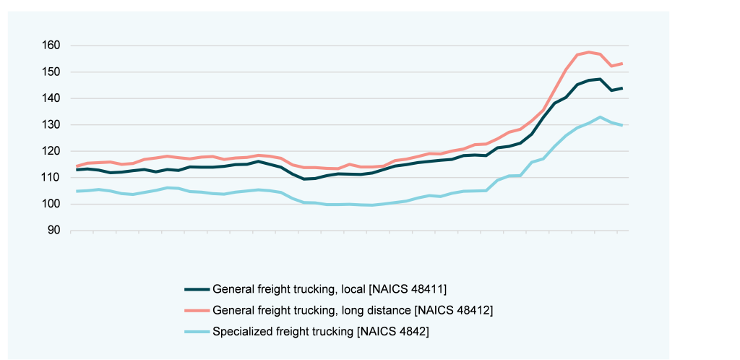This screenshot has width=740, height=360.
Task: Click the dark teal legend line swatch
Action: tap(197, 289)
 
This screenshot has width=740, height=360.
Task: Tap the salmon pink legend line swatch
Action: tap(197, 311)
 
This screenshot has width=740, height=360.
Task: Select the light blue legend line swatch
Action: tap(197, 332)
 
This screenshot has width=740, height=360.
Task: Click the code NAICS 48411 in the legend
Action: tap(408, 289)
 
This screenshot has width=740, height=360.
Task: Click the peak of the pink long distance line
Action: tap(589, 52)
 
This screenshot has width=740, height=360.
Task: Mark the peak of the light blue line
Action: tap(600, 117)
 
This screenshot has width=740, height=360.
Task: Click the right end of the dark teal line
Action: tap(622, 88)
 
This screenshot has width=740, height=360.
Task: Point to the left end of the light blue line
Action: tap(77, 191)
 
